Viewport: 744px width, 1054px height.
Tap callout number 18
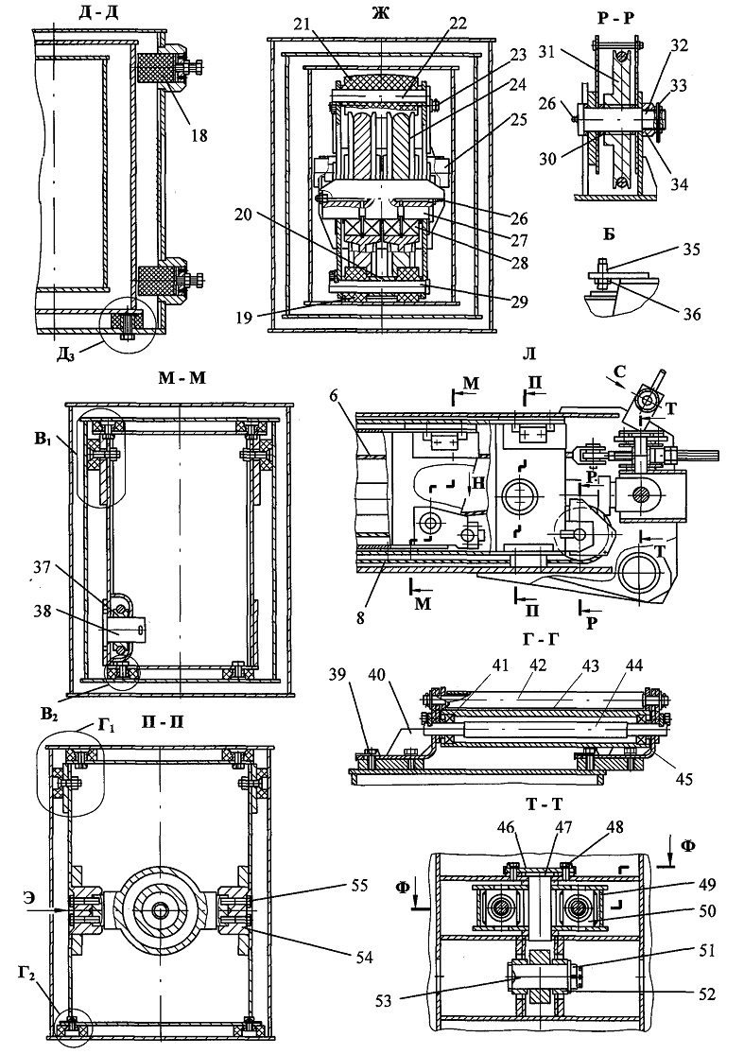[199, 135]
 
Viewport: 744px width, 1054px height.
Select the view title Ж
[380, 13]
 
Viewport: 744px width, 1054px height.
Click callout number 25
[518, 120]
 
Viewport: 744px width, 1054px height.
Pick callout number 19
[245, 317]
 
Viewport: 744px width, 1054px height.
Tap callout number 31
[547, 51]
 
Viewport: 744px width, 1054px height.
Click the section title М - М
[182, 377]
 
